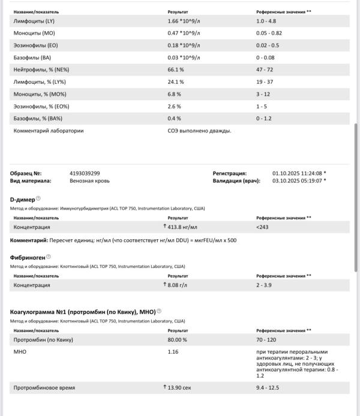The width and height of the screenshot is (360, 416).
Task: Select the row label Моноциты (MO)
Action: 34,32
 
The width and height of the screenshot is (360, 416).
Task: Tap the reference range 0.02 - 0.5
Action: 268,45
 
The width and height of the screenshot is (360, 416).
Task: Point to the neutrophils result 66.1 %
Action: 176,70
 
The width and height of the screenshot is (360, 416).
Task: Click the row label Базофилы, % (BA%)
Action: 37,118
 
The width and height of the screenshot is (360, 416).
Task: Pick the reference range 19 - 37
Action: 264,82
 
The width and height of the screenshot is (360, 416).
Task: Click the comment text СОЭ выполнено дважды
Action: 199,130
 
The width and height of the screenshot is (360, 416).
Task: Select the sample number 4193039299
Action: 85,173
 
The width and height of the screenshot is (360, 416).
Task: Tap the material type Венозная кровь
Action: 89,180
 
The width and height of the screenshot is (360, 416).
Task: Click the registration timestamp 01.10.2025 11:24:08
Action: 297,173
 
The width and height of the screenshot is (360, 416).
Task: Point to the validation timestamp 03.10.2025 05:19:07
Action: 297,180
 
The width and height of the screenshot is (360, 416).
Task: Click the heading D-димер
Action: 22,198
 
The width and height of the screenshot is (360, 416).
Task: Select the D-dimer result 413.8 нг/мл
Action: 182,227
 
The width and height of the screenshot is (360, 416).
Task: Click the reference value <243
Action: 262,227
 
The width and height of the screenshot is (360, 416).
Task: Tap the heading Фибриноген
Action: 27,257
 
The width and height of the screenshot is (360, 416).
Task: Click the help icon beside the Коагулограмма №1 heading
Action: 159,311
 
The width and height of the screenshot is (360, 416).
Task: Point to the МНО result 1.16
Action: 173,351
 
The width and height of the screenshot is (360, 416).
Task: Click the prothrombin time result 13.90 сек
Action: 179,388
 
